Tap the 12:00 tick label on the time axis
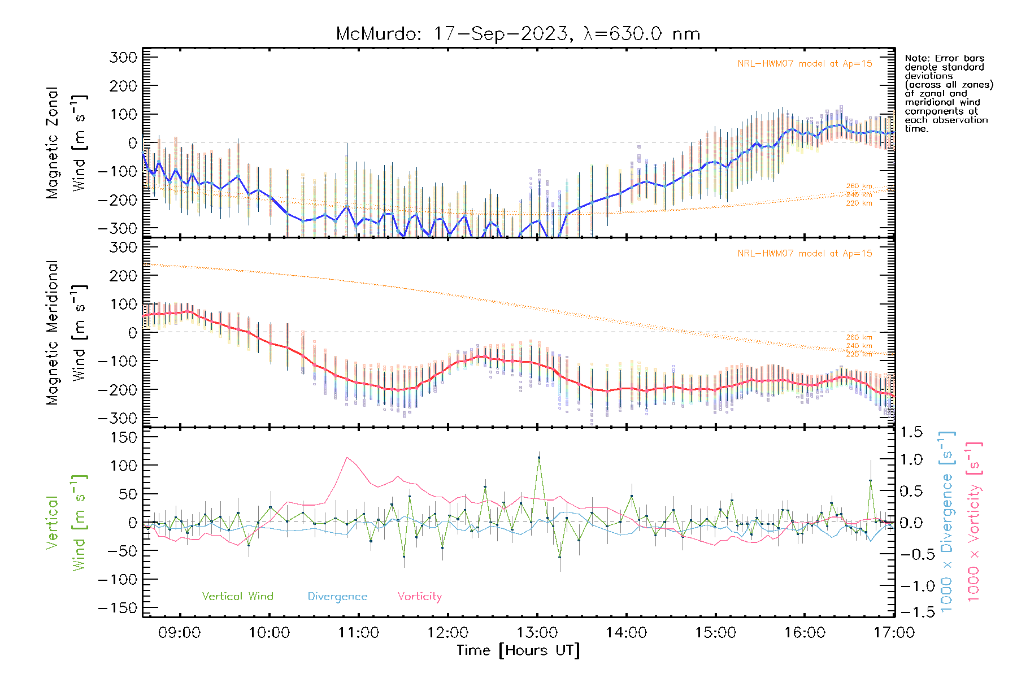[448, 633]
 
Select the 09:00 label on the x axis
[180, 633]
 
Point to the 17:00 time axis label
[894, 633]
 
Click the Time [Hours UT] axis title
[518, 650]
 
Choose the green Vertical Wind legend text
[237, 597]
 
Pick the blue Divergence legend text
[337, 597]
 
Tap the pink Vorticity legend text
[419, 597]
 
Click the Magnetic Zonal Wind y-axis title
[67, 143]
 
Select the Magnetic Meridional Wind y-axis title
[67, 333]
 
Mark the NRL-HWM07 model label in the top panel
[805, 64]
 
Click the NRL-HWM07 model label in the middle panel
[805, 254]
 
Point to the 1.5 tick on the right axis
[911, 432]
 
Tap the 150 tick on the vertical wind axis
[123, 437]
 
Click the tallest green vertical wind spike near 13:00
[539, 458]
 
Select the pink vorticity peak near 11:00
[347, 458]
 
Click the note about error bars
[948, 93]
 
